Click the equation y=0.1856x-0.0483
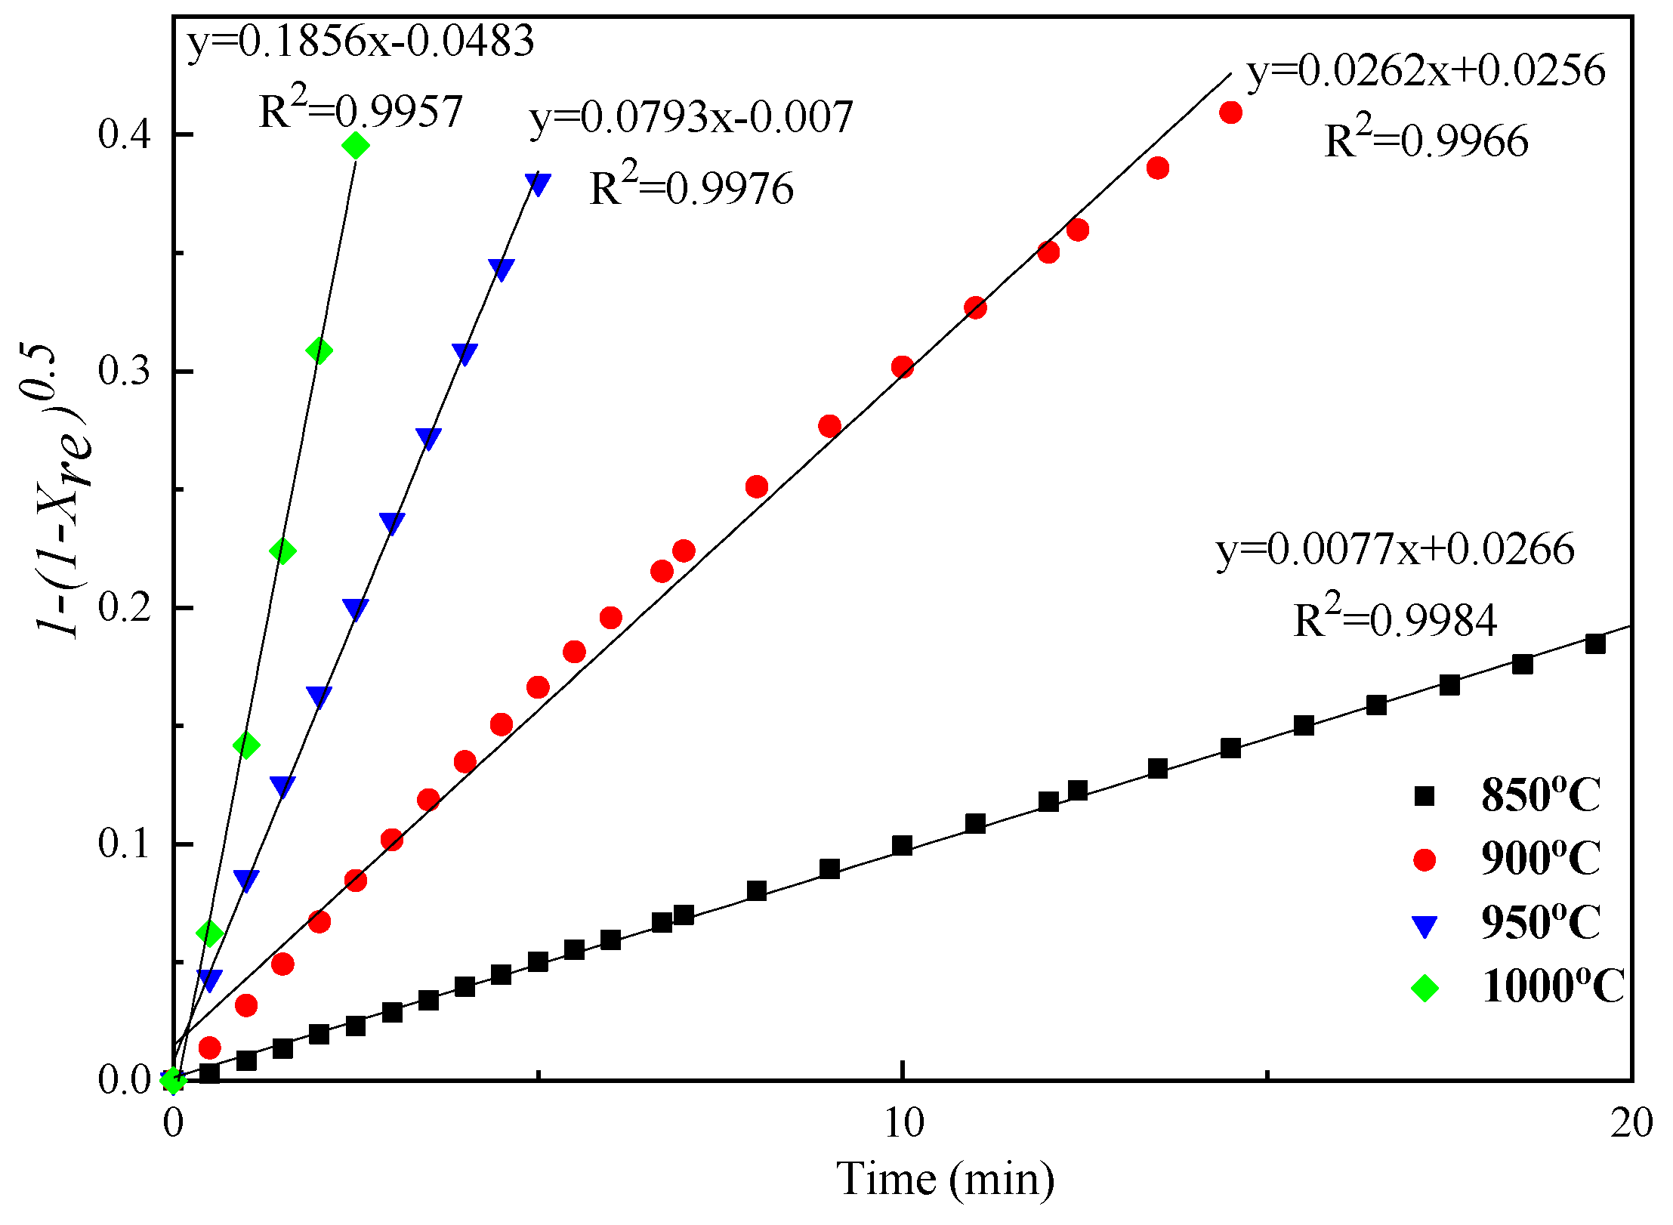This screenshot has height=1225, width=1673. (360, 41)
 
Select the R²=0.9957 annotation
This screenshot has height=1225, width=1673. (360, 112)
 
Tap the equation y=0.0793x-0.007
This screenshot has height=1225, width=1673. (691, 118)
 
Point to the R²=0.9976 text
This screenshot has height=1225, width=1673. (691, 187)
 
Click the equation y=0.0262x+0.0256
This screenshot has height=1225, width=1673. (1426, 71)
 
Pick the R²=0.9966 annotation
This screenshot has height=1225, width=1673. (1426, 140)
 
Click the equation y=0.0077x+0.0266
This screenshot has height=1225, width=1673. (1395, 549)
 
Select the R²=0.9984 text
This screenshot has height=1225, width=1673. (1395, 620)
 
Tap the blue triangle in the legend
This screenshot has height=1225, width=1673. (1424, 926)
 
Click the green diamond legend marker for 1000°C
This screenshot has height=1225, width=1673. (1424, 988)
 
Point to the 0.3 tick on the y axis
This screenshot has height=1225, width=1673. (125, 372)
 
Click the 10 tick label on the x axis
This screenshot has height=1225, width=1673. (903, 1123)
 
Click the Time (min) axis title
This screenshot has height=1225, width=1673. (945, 1179)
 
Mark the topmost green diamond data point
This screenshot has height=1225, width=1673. (356, 146)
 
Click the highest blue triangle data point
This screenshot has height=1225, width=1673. (538, 184)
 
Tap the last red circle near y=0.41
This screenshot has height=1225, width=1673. (1230, 113)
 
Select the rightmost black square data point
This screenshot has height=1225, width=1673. (1594, 644)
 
